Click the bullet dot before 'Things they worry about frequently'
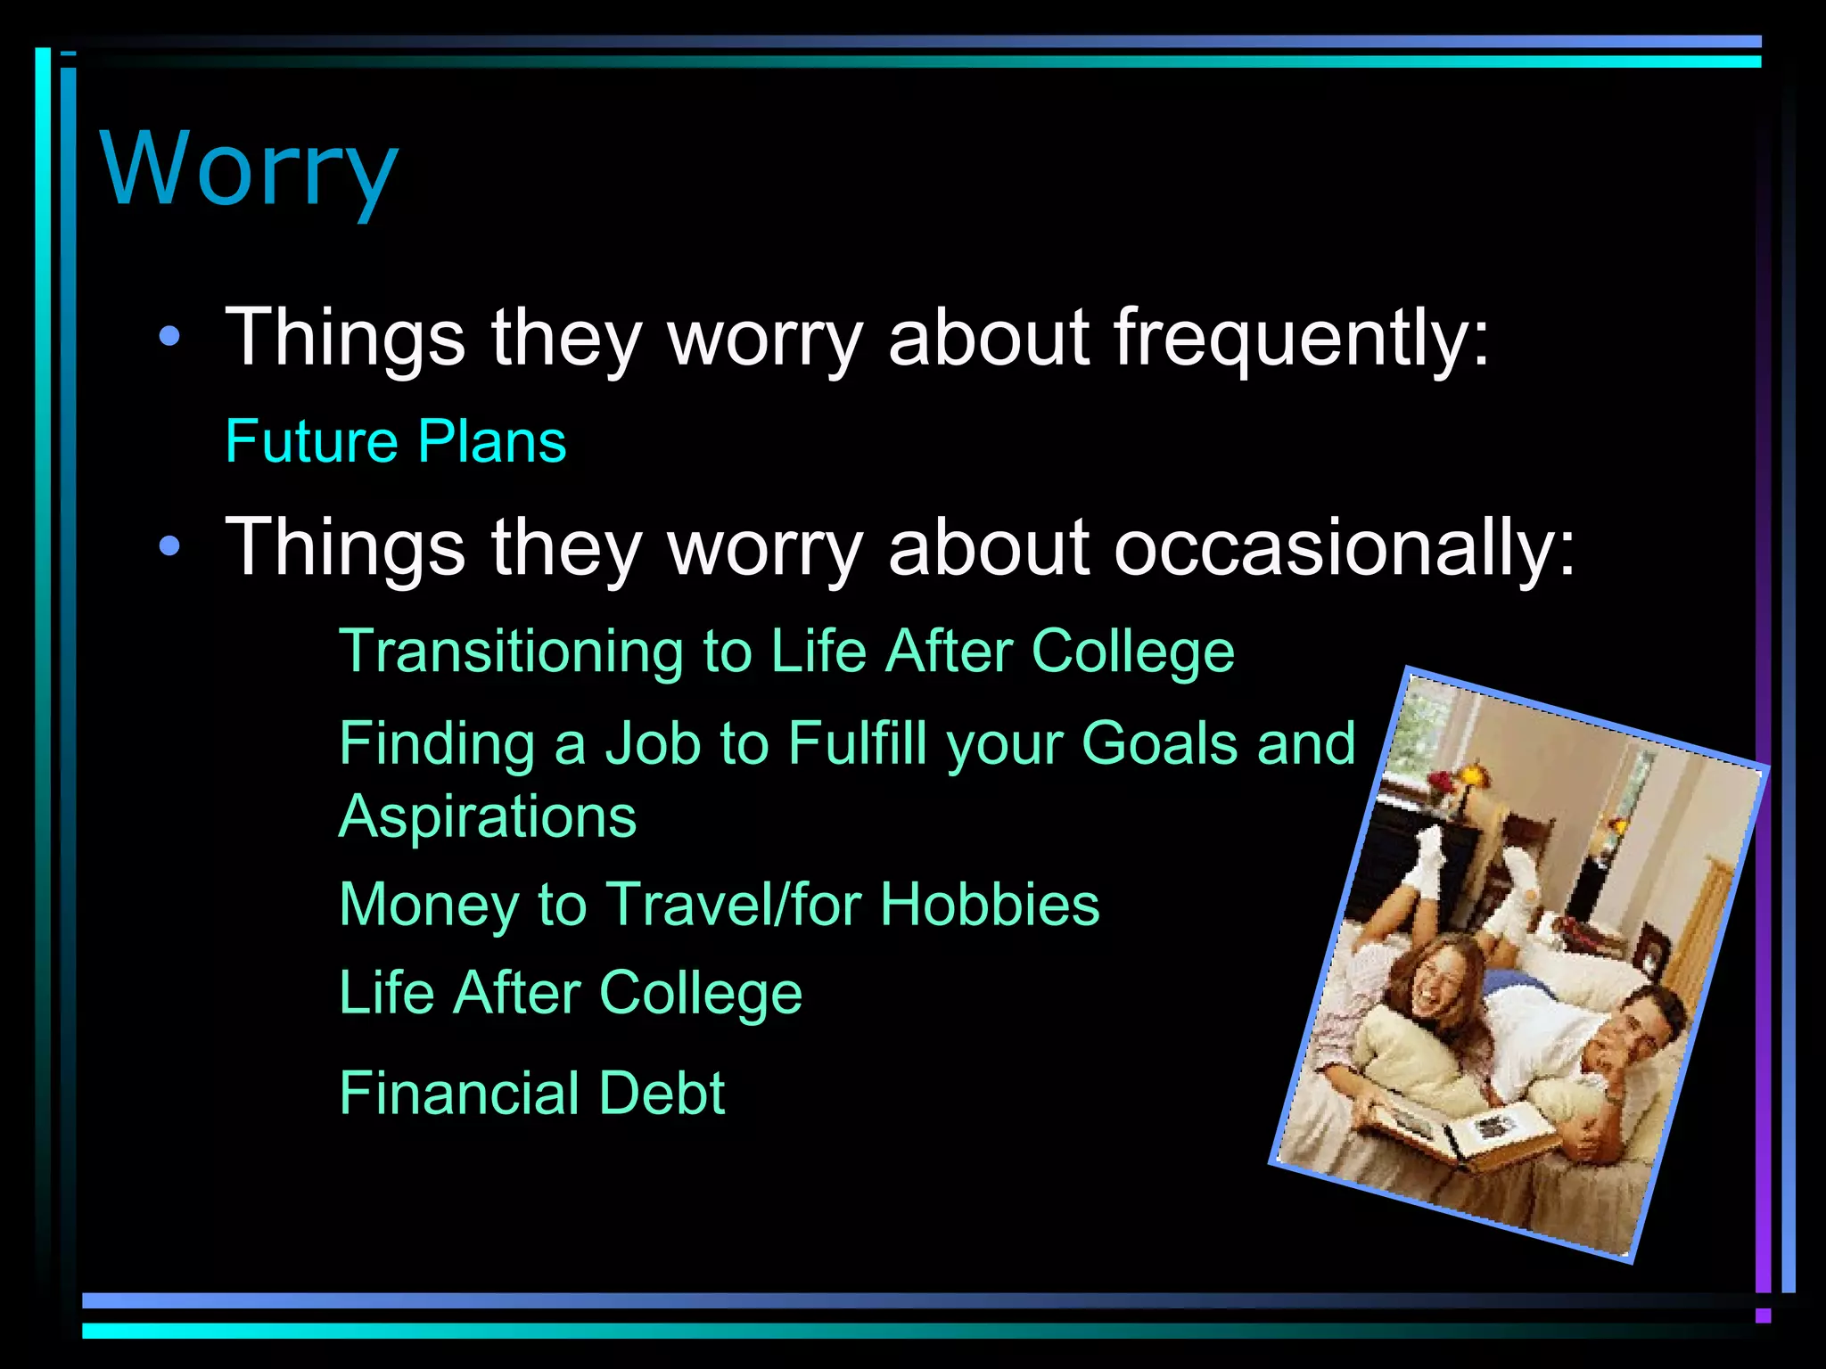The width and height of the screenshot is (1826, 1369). point(169,338)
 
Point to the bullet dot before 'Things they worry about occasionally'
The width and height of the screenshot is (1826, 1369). point(169,546)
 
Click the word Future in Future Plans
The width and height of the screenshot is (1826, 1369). point(311,441)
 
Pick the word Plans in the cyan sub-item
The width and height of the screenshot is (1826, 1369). point(492,441)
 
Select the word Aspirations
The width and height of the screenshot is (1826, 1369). point(488,817)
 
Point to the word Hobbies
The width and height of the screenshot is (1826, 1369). point(990,905)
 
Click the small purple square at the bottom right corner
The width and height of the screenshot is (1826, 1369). point(1763,1316)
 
